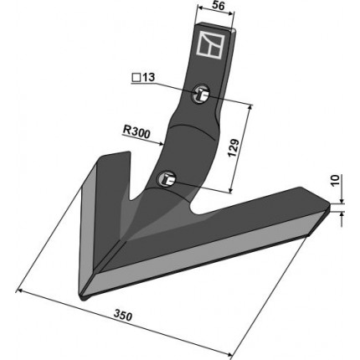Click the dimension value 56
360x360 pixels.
coord(218,6)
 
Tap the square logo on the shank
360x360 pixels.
coord(210,44)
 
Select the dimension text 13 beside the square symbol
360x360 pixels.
coord(148,78)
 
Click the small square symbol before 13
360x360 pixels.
coord(136,78)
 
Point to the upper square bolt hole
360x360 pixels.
coord(201,94)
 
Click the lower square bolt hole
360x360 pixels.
coord(167,178)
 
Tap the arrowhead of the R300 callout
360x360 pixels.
coord(161,144)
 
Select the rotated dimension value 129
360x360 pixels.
coord(234,147)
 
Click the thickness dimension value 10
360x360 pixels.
coord(335,182)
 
